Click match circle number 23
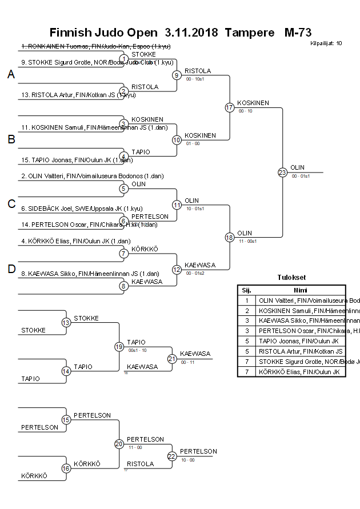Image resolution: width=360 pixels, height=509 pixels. [282, 172]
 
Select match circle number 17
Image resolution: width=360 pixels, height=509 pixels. [230, 107]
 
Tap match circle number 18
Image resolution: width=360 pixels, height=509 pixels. [230, 237]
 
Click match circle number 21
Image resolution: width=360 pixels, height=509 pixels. [172, 359]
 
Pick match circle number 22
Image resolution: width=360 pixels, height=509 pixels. [172, 456]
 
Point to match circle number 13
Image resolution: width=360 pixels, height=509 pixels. [66, 323]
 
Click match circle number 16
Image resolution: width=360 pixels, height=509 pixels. [66, 468]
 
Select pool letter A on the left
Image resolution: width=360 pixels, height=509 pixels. [11, 74]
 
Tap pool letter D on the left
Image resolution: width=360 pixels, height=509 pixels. [11, 269]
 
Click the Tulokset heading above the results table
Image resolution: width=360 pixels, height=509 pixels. [291, 278]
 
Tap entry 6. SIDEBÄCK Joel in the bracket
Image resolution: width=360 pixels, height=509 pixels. [74, 209]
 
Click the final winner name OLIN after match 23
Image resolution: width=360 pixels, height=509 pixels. [298, 167]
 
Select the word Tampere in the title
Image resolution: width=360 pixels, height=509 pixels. [249, 33]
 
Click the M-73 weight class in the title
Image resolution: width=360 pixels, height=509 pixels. [298, 33]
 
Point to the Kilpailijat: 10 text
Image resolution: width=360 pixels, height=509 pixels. [326, 43]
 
